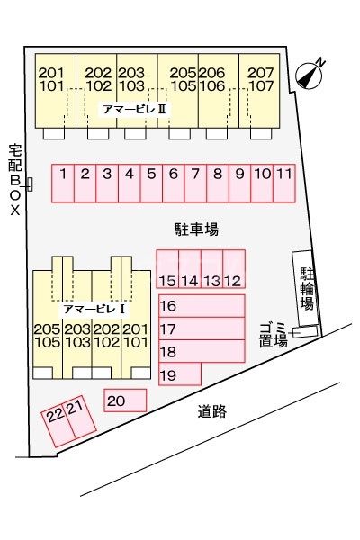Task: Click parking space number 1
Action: click(62, 182)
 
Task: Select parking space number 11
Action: click(283, 182)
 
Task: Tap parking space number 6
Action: click(173, 182)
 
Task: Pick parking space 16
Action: click(200, 306)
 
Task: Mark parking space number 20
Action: click(124, 400)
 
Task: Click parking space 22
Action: click(57, 416)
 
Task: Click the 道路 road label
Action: click(212, 412)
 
